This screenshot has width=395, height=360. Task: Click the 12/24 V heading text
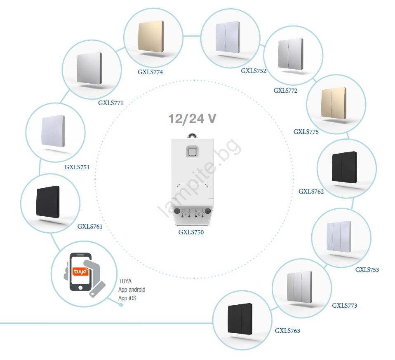[192, 119]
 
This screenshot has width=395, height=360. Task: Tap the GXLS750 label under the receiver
[191, 232]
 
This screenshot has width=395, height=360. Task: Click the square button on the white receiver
[192, 152]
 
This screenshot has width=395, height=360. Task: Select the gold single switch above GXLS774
[151, 37]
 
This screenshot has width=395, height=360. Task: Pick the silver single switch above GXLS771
[89, 68]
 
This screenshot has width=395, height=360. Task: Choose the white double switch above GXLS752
[227, 37]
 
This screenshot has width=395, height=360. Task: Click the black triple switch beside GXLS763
[240, 320]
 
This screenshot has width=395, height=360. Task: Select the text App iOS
[127, 298]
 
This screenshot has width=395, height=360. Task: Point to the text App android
[132, 290]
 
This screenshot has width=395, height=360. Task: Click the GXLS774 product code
[150, 72]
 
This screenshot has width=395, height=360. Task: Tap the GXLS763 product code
[287, 331]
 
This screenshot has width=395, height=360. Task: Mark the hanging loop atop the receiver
[192, 135]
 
